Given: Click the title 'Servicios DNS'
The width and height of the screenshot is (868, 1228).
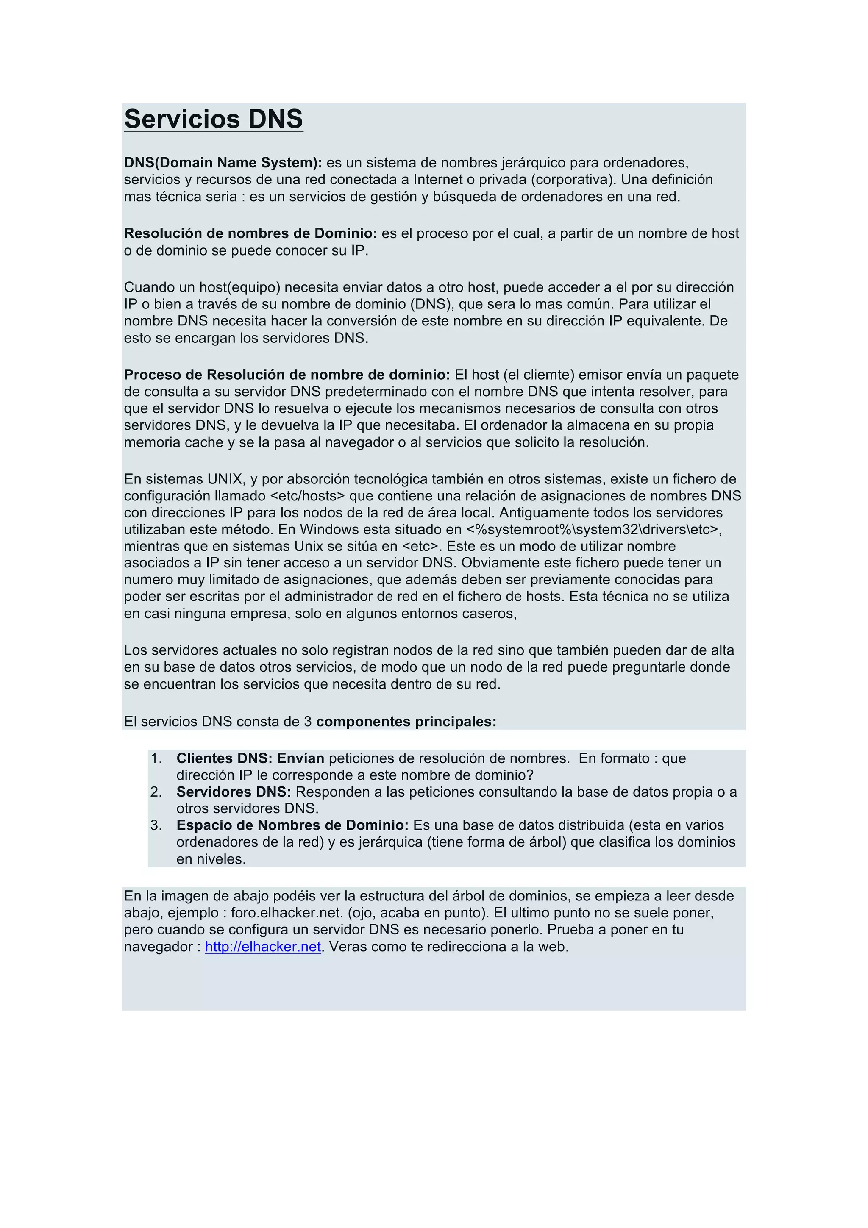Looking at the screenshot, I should [x=213, y=119].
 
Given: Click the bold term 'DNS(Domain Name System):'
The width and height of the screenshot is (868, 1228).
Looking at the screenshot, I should [x=223, y=163].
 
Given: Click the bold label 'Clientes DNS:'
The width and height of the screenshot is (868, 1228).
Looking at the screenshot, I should [x=225, y=758].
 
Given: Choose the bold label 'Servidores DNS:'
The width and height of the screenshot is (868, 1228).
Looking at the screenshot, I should [x=234, y=792].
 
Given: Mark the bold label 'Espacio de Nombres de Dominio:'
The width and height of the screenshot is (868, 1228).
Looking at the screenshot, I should [x=292, y=825].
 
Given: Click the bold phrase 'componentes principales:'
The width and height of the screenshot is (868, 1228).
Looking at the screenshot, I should [x=406, y=722].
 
